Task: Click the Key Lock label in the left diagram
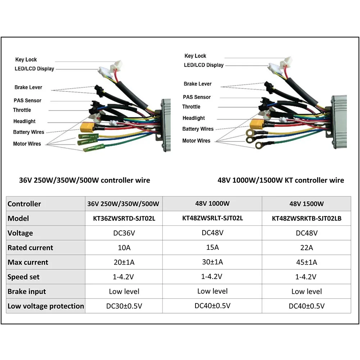26,60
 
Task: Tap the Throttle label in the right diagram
191,107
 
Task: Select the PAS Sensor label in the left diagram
28,100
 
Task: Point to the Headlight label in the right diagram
194,118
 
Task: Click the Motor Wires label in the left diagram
27,144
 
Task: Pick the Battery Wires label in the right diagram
198,129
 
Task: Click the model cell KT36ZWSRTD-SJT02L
123,219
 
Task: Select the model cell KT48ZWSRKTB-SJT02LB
307,219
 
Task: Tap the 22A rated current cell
307,248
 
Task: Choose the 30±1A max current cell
212,262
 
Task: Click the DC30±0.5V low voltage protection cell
123,306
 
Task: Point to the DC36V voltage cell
123,233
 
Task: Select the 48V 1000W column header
212,203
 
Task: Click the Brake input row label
27,292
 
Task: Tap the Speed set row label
24,277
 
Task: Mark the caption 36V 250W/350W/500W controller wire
85,180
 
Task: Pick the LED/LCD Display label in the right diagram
204,65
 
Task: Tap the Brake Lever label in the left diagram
28,87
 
